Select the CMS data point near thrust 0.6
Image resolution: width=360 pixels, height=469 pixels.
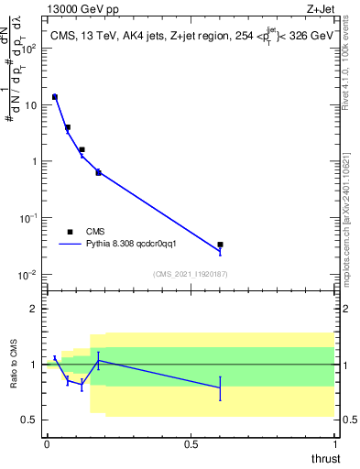(x=221, y=245)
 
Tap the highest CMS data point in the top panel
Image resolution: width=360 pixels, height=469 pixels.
(x=54, y=96)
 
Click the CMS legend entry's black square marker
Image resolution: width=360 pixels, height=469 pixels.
(x=70, y=232)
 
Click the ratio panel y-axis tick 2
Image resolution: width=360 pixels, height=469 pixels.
(x=37, y=309)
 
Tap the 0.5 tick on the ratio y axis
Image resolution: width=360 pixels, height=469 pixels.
(x=33, y=420)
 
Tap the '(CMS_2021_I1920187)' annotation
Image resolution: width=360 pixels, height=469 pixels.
(x=191, y=274)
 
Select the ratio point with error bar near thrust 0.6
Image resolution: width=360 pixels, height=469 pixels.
(x=221, y=387)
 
